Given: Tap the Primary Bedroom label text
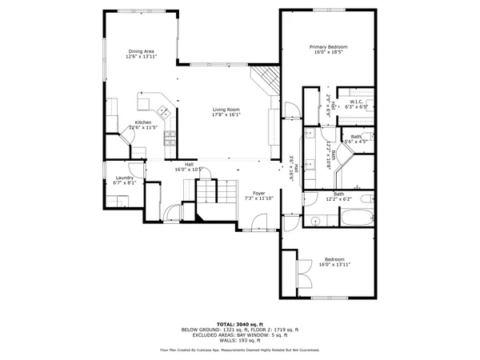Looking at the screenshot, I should (329, 47).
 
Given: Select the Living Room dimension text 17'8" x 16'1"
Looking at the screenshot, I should (226, 114).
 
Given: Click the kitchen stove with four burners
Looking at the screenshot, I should (170, 138).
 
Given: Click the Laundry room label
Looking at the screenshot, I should (124, 178).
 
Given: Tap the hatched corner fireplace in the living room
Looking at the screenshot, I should (267, 79).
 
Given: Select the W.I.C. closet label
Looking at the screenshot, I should (356, 102).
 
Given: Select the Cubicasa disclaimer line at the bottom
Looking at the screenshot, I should (240, 350).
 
